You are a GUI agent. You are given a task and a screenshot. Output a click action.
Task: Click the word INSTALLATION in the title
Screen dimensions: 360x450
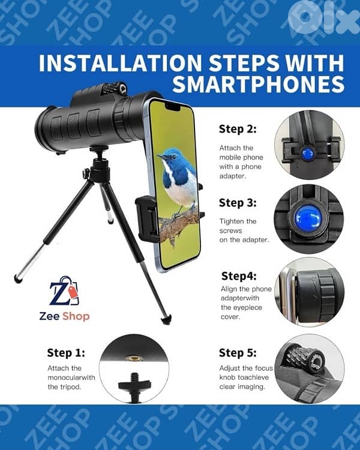click(121, 62)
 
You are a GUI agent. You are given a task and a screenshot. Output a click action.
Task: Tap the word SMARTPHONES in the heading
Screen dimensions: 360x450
click(259, 84)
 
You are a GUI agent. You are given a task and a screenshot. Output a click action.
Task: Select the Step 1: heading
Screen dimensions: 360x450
click(66, 353)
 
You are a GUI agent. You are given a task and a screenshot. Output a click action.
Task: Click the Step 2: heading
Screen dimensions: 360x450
click(238, 129)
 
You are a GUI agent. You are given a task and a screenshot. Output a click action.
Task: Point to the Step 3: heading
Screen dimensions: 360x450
click(238, 203)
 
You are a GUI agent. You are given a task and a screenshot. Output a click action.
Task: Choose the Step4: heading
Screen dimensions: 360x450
click(239, 276)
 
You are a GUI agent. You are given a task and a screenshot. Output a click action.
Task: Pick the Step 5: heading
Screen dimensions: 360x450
click(238, 353)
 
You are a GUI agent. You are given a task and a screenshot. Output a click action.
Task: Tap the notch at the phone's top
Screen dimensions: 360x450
click(173, 107)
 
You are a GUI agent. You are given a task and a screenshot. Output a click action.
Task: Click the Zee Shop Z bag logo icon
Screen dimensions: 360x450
click(65, 291)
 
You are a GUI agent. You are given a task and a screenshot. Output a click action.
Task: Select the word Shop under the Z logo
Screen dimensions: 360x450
click(76, 317)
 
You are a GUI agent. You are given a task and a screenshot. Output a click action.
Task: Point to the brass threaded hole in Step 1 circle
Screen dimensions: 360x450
click(133, 358)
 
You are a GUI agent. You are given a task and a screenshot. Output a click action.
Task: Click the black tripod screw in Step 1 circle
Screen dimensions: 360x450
click(134, 386)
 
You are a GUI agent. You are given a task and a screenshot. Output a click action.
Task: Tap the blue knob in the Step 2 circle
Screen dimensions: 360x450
click(308, 153)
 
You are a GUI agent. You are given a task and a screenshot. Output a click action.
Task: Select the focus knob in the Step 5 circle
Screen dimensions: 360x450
click(306, 359)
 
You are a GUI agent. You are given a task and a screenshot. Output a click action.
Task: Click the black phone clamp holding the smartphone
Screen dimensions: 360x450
click(147, 220)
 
